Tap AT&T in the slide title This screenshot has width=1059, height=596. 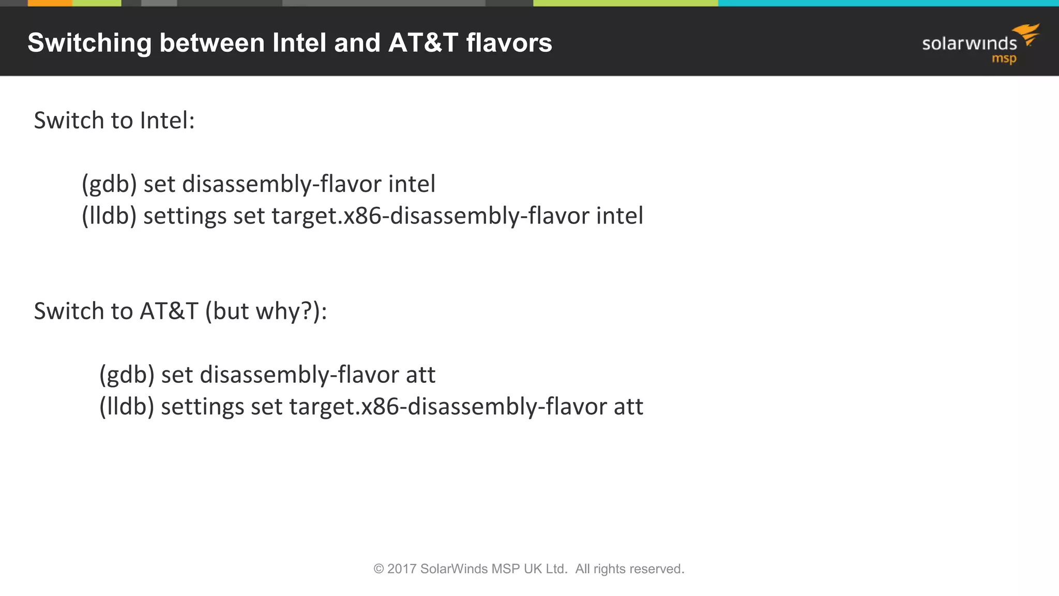pyautogui.click(x=423, y=43)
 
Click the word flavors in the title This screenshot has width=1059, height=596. pyautogui.click(x=509, y=43)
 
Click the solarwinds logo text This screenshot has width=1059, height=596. pyautogui.click(x=969, y=43)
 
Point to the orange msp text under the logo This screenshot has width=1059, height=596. pyautogui.click(x=1004, y=59)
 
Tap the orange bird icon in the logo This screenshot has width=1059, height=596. pyautogui.click(x=1027, y=34)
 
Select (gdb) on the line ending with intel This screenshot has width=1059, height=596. pyautogui.click(x=109, y=184)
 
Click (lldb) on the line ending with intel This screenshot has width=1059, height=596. pyautogui.click(x=109, y=216)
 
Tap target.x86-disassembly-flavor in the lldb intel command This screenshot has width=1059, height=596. pyautogui.click(x=430, y=216)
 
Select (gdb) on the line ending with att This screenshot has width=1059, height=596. pyautogui.click(x=127, y=375)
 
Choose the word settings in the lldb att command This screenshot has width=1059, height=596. pyautogui.click(x=202, y=407)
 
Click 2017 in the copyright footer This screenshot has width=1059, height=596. pyautogui.click(x=402, y=569)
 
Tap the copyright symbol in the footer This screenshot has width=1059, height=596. pyautogui.click(x=379, y=569)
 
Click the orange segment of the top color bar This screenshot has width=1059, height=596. pyautogui.click(x=50, y=3)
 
